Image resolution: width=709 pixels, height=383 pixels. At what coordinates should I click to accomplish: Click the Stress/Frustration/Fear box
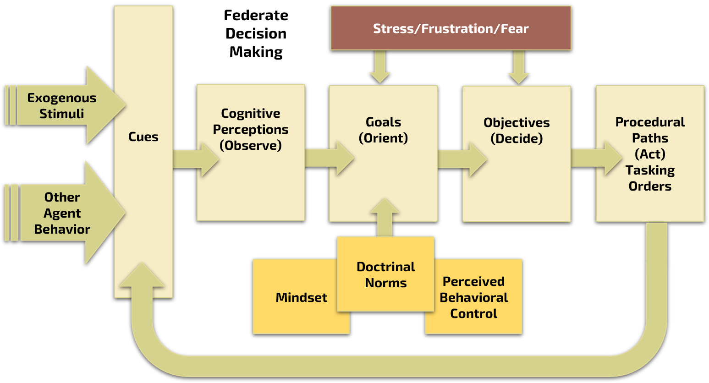[x=451, y=28]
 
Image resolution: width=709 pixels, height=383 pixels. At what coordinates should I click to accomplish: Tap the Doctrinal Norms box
[x=385, y=274]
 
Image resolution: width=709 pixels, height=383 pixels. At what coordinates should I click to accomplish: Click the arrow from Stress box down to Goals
[x=380, y=66]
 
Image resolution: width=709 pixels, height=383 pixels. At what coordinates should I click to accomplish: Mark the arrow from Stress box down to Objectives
[x=519, y=67]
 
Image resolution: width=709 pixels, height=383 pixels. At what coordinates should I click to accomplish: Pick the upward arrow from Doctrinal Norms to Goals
[x=385, y=218]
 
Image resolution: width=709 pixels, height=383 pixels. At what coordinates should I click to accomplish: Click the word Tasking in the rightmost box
[x=650, y=170]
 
